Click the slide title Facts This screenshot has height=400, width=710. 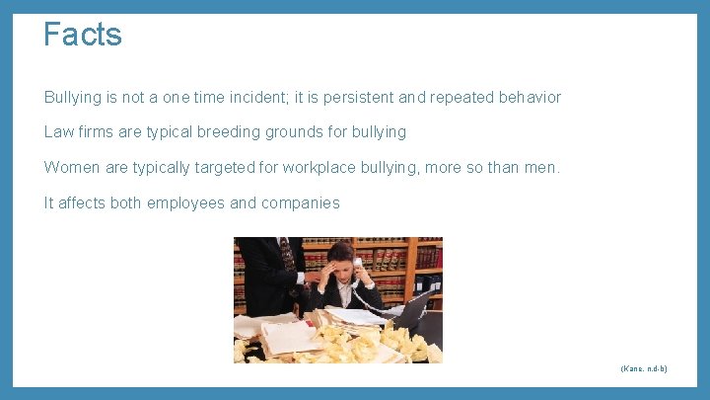(x=83, y=35)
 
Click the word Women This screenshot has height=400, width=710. (x=72, y=168)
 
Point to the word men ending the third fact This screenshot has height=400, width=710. (x=540, y=168)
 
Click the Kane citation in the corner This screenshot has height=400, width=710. (x=644, y=368)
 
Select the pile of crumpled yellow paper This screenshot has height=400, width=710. (x=375, y=341)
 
